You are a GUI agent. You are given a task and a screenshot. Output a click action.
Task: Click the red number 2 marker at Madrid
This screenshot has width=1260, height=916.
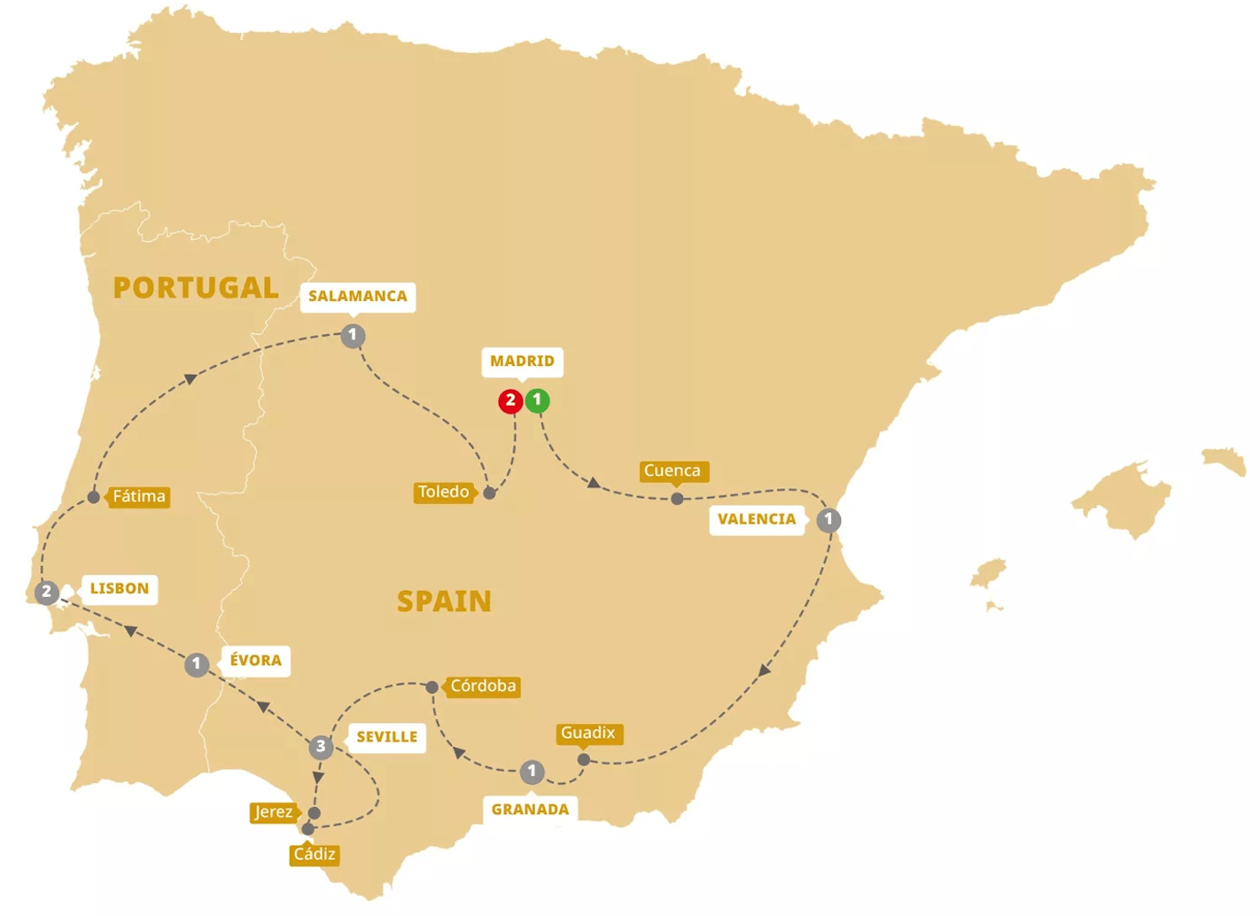point(510,401)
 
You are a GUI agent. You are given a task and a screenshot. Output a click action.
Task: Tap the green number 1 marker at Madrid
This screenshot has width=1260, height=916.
point(537,400)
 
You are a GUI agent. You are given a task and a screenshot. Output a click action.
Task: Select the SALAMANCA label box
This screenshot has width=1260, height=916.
point(358,296)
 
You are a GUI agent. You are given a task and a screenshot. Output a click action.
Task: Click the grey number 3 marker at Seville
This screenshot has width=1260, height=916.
point(321,747)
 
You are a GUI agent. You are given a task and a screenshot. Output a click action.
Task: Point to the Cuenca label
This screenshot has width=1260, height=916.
point(673,471)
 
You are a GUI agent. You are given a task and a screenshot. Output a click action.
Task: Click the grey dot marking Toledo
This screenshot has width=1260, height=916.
point(489,493)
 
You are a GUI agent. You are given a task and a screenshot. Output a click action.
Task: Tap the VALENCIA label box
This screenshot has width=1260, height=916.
point(757,519)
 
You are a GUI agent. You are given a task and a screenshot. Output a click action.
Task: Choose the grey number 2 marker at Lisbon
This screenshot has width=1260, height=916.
point(47,592)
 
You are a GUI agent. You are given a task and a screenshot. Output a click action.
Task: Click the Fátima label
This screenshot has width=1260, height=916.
point(139,496)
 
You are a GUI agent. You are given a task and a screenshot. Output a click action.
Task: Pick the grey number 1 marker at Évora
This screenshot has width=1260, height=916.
point(197,664)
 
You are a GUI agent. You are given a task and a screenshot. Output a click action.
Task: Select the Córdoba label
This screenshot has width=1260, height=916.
point(482,687)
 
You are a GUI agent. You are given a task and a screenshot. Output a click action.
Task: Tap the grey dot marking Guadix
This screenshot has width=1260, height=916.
point(583,759)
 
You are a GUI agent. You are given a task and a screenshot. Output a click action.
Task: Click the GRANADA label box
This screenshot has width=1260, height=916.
point(530,809)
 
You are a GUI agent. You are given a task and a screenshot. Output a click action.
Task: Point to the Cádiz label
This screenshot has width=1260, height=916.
point(315,854)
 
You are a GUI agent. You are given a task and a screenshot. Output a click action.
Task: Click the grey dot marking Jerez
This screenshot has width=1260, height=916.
point(314,812)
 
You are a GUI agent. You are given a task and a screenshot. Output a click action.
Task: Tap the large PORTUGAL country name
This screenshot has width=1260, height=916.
point(196,288)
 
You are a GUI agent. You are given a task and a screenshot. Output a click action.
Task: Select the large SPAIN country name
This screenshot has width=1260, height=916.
point(444,602)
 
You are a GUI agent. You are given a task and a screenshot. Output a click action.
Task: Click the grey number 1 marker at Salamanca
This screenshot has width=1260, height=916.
point(353,336)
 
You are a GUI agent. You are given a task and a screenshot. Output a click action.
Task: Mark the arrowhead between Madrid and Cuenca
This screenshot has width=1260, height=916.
point(594,483)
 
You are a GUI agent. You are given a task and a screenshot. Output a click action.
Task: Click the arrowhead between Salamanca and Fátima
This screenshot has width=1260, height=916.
point(190,379)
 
